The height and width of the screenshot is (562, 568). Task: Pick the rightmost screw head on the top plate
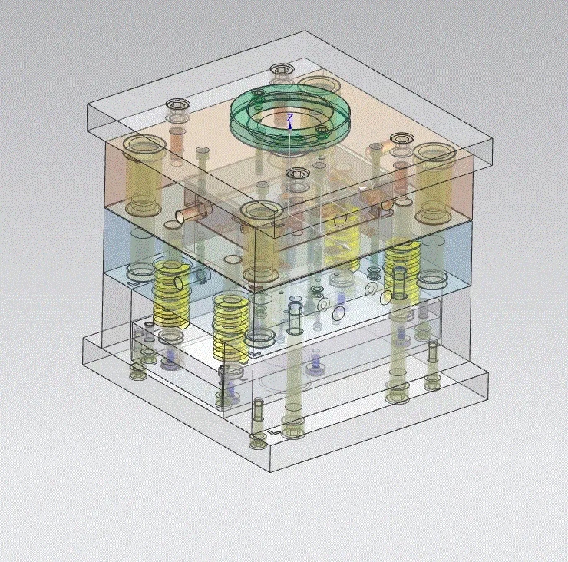coord(401,139)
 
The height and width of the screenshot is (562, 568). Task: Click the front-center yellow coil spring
coord(230,326)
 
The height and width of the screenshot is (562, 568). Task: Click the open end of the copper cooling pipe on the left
coord(180,217)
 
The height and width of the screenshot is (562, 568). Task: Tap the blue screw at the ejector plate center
coord(315,360)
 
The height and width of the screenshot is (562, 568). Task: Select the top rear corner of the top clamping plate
coord(306,31)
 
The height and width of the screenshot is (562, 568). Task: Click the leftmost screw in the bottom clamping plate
coord(137,374)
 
